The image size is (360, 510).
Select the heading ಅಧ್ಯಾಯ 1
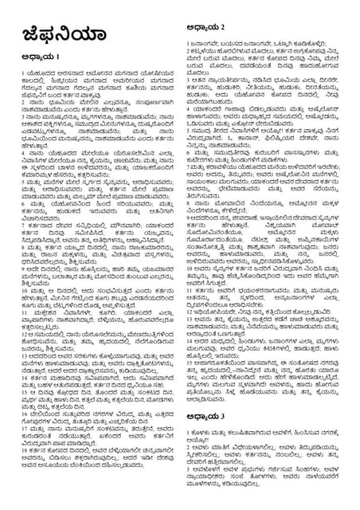35,58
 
